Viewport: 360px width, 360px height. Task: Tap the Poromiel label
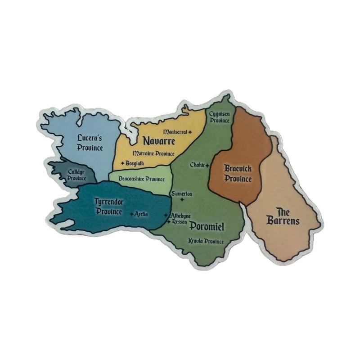click(x=207, y=226)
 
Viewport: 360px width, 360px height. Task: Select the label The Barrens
click(x=282, y=216)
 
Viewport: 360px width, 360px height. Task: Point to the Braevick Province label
click(x=238, y=173)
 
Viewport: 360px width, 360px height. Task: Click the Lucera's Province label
click(x=90, y=142)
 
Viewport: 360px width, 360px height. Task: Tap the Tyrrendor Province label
click(x=109, y=206)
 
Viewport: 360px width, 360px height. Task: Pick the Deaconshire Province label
click(x=142, y=179)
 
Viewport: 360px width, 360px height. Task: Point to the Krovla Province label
click(x=206, y=241)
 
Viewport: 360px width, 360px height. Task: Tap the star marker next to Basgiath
click(x=122, y=162)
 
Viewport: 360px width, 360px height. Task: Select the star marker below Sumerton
click(x=182, y=199)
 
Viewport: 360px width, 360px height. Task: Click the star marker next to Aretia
click(x=131, y=214)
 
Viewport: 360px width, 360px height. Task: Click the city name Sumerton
click(x=182, y=193)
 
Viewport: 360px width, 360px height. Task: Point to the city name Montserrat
click(x=175, y=132)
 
